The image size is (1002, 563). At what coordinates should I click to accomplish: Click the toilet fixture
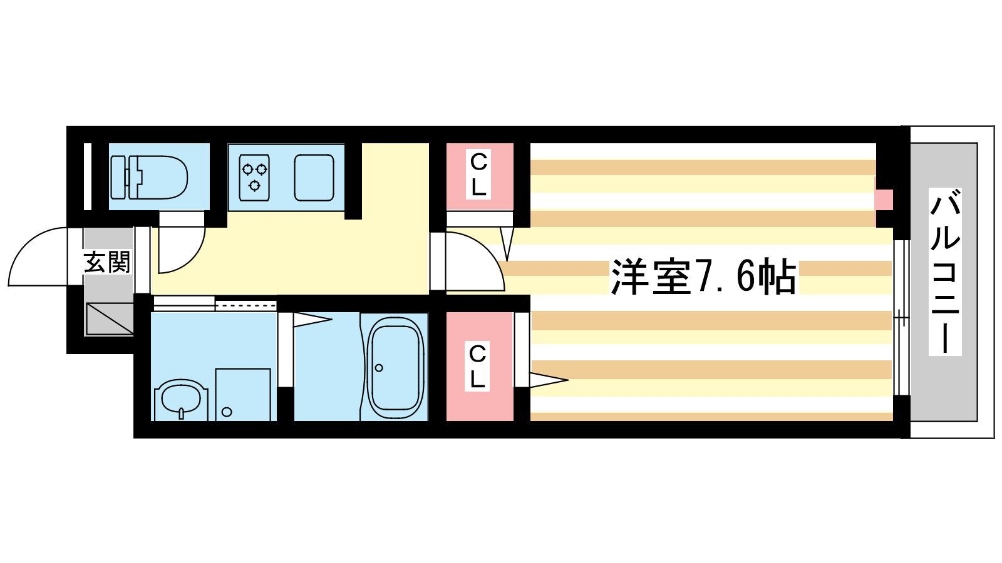(x=148, y=178)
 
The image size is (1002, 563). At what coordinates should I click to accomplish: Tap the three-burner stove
(x=254, y=178)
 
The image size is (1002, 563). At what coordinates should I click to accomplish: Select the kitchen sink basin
(x=314, y=178)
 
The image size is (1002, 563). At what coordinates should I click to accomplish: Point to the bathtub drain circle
(x=379, y=368)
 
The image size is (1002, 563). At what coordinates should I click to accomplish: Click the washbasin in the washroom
(x=181, y=400)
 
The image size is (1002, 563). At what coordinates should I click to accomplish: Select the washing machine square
(x=243, y=395)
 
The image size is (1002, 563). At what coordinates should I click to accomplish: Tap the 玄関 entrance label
(x=107, y=262)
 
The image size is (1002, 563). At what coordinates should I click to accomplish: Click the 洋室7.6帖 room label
(x=704, y=276)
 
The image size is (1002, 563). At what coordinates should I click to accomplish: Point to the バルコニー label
(x=945, y=271)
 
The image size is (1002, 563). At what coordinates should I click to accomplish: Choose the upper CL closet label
(x=478, y=175)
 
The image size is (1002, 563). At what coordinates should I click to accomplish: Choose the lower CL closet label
(x=477, y=366)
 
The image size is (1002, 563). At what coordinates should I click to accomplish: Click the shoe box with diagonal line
(x=110, y=318)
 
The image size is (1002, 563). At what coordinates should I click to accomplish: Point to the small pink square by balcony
(x=884, y=200)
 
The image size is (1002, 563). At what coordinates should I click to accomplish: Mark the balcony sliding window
(x=901, y=318)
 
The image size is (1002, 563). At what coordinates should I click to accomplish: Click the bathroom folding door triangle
(x=312, y=320)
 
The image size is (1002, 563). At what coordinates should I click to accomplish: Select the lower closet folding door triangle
(x=549, y=380)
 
